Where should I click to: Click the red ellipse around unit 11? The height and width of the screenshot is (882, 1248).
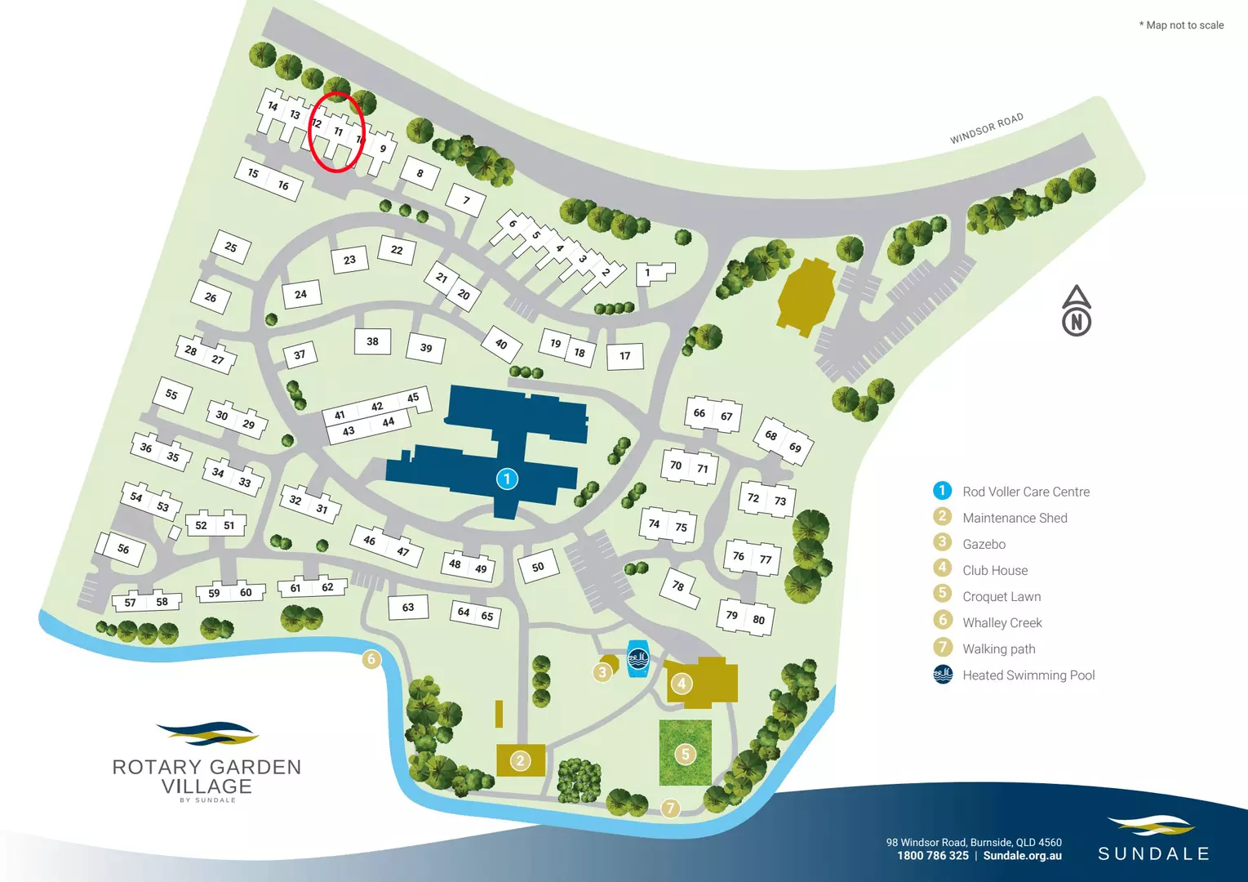click(337, 131)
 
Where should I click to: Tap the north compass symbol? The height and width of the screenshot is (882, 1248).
click(1077, 312)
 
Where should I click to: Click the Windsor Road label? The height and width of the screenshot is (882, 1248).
click(986, 128)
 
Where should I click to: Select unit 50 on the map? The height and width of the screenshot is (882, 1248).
click(538, 567)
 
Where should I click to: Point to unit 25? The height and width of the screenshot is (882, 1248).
click(231, 247)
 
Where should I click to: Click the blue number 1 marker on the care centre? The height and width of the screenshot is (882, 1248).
click(507, 479)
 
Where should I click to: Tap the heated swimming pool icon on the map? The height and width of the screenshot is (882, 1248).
click(637, 658)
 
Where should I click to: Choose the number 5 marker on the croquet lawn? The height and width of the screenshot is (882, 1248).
click(686, 754)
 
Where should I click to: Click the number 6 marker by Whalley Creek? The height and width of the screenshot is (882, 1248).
click(371, 659)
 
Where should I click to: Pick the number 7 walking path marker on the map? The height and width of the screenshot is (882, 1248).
click(670, 808)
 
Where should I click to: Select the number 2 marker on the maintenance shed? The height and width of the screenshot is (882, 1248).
click(521, 761)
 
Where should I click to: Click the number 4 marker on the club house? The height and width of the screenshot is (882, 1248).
click(682, 684)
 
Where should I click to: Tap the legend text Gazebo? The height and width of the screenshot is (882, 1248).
click(984, 544)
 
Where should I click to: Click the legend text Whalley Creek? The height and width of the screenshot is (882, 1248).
click(1002, 622)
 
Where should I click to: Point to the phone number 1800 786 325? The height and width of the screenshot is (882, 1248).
click(932, 856)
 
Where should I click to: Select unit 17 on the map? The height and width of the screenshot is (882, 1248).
click(625, 355)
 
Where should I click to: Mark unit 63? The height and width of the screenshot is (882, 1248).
click(408, 607)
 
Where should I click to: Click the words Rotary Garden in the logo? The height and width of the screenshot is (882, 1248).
click(207, 767)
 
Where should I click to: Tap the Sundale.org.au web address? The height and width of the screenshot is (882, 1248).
click(1022, 856)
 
